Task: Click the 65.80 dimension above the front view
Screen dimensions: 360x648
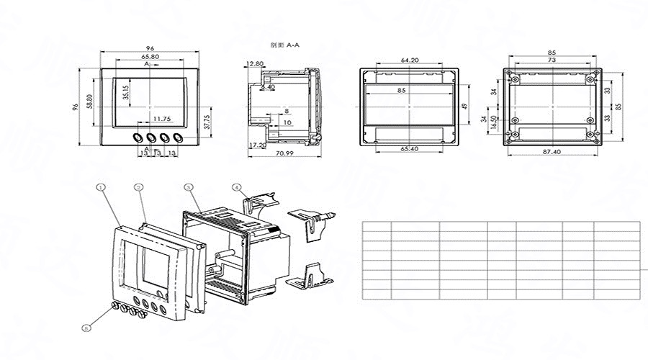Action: coord(150,56)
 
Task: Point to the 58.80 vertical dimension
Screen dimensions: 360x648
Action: coord(89,101)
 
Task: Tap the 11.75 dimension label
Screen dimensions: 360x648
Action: coord(161,118)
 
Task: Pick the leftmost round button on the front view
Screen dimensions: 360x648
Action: coord(137,136)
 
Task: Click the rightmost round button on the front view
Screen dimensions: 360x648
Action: coord(177,136)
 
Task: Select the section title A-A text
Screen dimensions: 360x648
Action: coord(285,45)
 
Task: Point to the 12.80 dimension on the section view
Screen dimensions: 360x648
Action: coord(254,63)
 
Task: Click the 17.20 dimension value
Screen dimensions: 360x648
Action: coord(256,145)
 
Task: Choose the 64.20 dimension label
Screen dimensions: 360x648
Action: coord(410,60)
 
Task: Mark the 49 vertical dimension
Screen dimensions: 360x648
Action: coord(466,106)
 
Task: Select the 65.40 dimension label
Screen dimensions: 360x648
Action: coord(410,148)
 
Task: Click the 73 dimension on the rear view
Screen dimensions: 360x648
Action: coord(552,61)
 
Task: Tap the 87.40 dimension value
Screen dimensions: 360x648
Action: coord(552,152)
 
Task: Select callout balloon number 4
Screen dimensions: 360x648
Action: coord(237,187)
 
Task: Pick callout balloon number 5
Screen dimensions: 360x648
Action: coord(86,328)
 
